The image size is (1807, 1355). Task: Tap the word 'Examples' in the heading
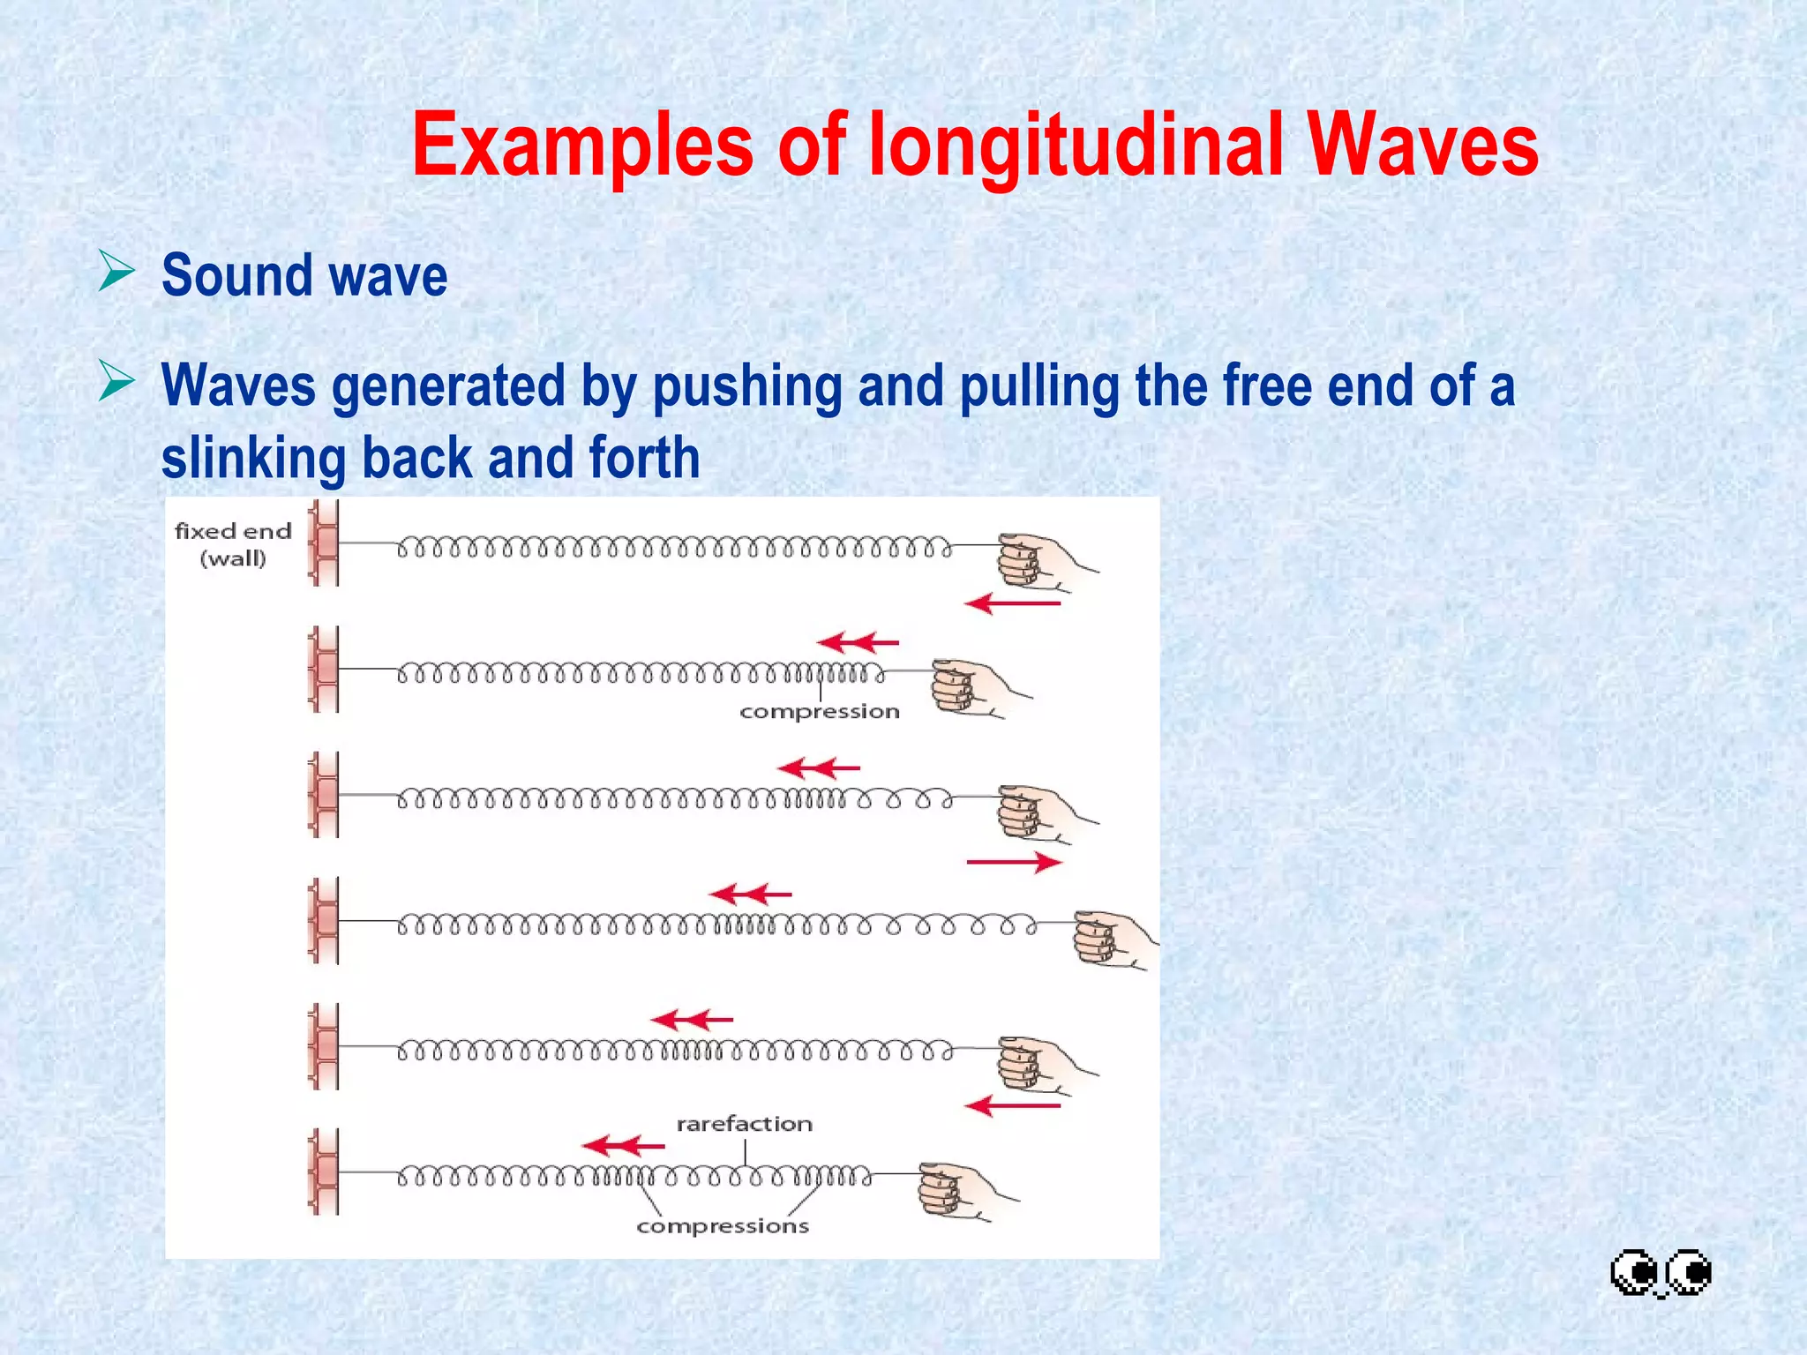[x=582, y=146]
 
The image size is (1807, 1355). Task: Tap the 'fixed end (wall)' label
[x=233, y=544]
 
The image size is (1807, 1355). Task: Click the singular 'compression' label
[x=819, y=711]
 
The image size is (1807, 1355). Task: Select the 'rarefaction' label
[x=744, y=1124]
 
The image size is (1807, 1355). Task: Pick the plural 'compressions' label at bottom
[x=723, y=1226]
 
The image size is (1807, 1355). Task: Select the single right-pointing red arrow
[x=1014, y=862]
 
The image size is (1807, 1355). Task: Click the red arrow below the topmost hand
[x=1013, y=604]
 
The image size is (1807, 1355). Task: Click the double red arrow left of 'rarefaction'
[x=623, y=1147]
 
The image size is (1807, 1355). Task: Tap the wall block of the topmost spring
[x=325, y=543]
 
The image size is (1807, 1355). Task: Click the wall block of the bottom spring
[x=325, y=1171]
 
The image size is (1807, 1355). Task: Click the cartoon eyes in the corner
[x=1661, y=1273]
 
